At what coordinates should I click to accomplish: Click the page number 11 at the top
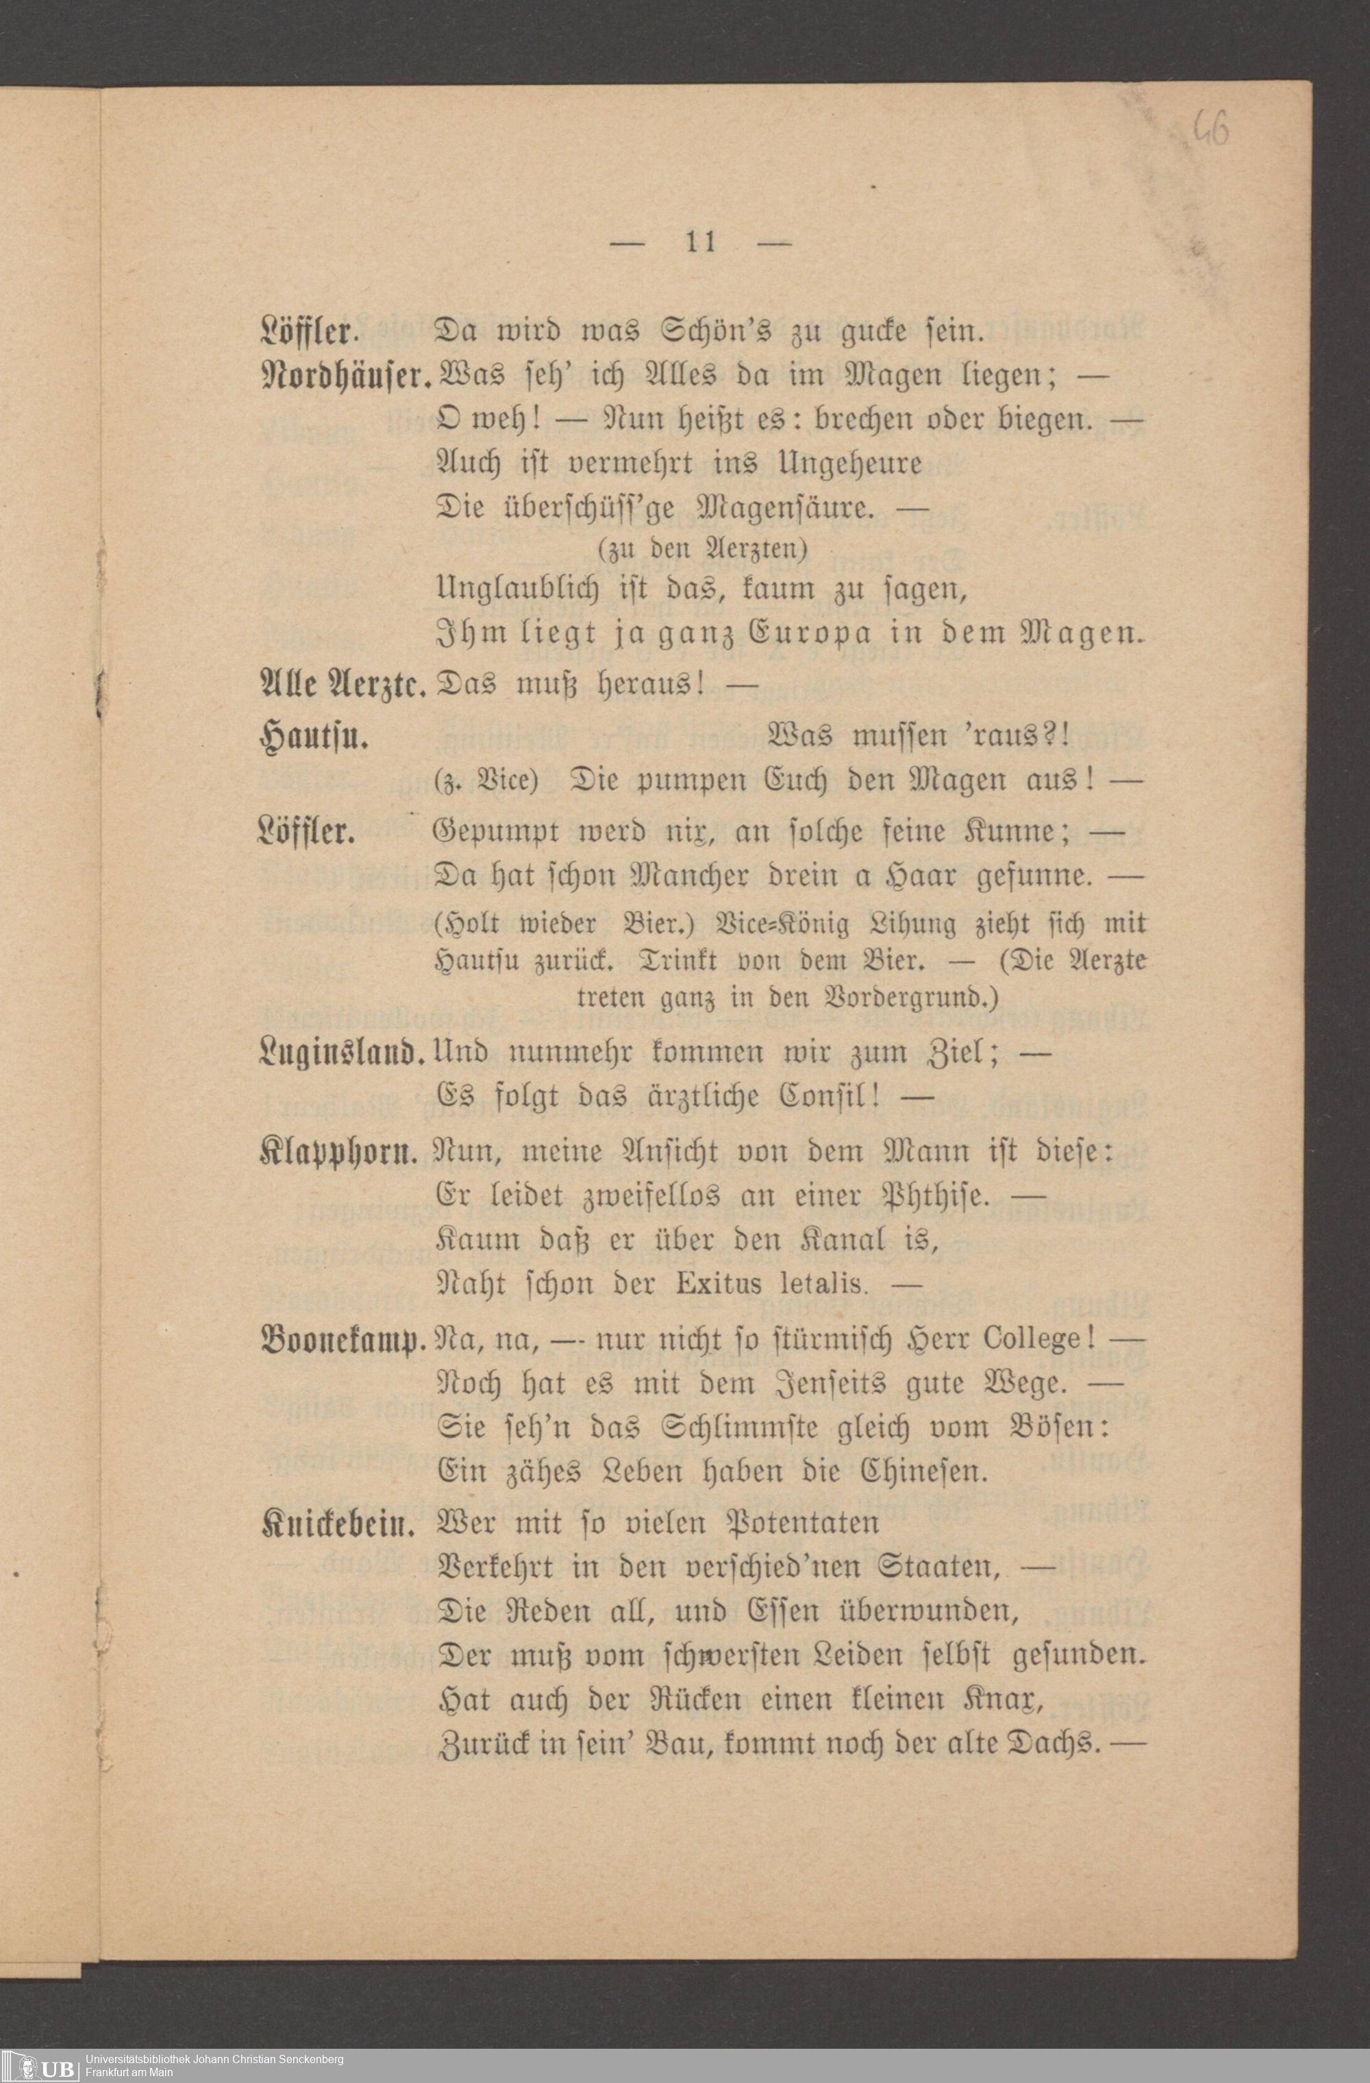point(701,241)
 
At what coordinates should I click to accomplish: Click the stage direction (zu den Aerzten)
point(701,549)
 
